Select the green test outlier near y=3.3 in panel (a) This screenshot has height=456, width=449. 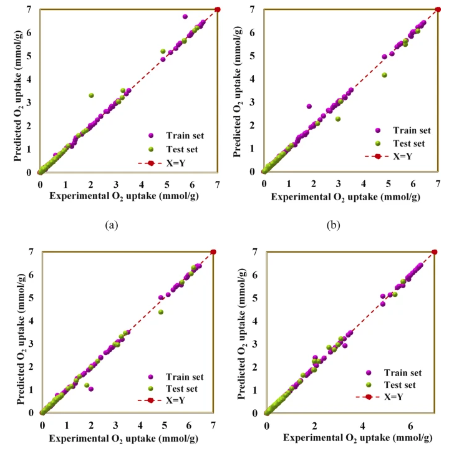pyautogui.click(x=91, y=95)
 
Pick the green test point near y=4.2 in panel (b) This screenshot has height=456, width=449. pyautogui.click(x=384, y=75)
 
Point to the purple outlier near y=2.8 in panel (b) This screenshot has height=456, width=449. pyautogui.click(x=309, y=107)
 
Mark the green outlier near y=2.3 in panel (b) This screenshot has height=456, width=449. pyautogui.click(x=338, y=119)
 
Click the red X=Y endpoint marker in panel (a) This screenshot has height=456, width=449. pyautogui.click(x=217, y=9)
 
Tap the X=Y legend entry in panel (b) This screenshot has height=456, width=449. pyautogui.click(x=399, y=156)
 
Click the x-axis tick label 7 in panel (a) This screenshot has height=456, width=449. pyautogui.click(x=217, y=185)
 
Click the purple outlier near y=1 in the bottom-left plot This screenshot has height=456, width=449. pyautogui.click(x=91, y=389)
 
